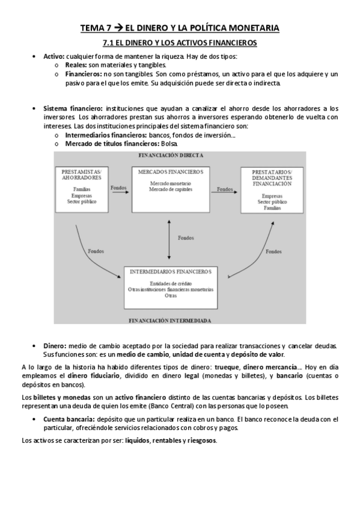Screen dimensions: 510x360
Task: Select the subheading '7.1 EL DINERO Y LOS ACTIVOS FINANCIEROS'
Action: click(x=180, y=43)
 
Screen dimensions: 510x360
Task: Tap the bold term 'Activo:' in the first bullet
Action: click(x=55, y=57)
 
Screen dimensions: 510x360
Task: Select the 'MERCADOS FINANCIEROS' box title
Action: click(x=171, y=172)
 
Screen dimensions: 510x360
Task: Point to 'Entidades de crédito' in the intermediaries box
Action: click(x=171, y=283)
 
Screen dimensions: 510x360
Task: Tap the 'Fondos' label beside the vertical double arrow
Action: click(x=186, y=238)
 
